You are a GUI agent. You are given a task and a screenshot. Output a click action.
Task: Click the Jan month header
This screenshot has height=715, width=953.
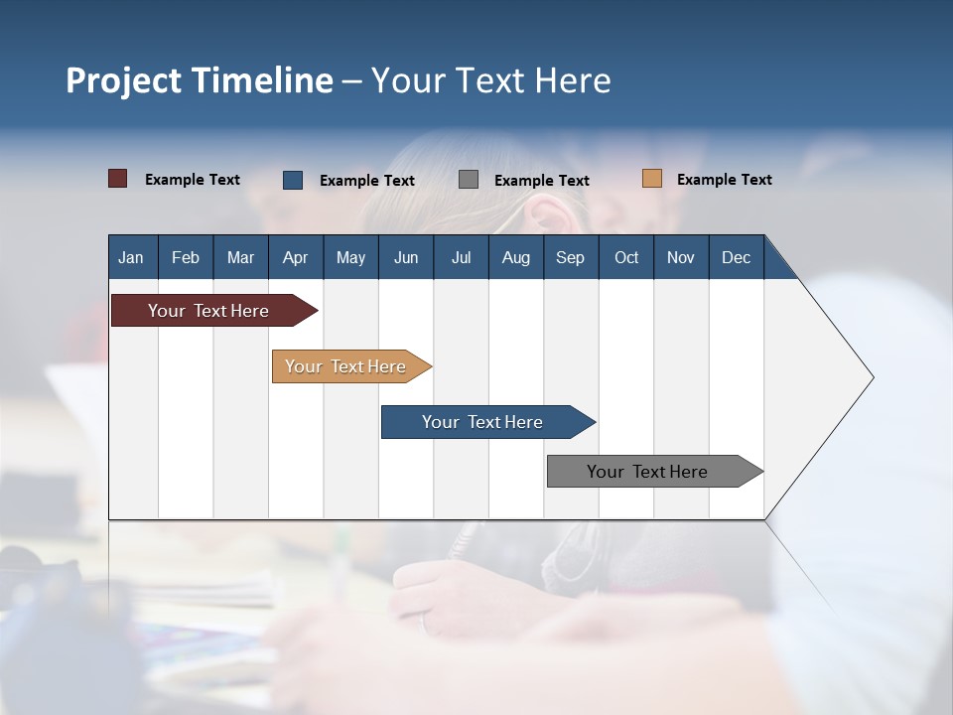[131, 257]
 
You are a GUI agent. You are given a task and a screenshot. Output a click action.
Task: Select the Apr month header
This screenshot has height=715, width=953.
[295, 257]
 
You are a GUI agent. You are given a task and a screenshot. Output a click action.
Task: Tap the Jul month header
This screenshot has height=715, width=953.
[461, 257]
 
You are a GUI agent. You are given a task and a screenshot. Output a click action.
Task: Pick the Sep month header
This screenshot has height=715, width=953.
[570, 257]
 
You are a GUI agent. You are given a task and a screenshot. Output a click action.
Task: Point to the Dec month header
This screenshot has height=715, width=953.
[736, 257]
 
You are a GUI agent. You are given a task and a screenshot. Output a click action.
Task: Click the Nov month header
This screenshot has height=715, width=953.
[680, 257]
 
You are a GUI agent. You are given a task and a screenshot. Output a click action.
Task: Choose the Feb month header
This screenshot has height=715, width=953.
[186, 257]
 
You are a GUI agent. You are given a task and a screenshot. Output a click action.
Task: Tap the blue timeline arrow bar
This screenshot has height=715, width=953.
[483, 422]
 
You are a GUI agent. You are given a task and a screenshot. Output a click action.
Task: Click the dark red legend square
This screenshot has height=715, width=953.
[117, 179]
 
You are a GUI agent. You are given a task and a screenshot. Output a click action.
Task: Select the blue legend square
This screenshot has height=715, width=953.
[293, 180]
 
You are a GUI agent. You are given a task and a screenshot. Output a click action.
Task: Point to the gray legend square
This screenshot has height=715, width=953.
[469, 180]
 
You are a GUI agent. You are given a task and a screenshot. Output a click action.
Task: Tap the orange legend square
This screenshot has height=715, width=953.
[651, 179]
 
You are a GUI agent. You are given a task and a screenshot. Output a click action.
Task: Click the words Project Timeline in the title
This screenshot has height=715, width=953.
[199, 80]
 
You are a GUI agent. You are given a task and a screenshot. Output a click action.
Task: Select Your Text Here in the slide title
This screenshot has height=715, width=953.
[490, 80]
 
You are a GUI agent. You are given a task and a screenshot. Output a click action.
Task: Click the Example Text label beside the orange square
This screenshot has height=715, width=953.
[724, 180]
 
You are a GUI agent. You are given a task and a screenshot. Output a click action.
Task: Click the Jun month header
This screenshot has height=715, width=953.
[406, 257]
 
